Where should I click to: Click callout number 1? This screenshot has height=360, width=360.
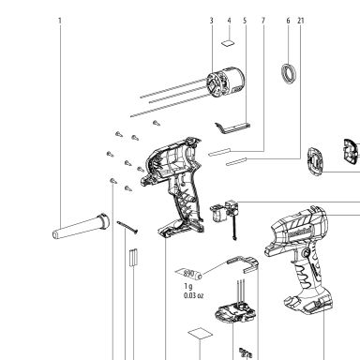click(x=60, y=21)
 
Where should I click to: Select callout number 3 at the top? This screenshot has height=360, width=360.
click(x=212, y=21)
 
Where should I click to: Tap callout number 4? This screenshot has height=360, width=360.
click(x=229, y=21)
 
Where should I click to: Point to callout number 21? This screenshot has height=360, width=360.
click(x=301, y=21)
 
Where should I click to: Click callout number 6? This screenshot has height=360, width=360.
click(x=288, y=21)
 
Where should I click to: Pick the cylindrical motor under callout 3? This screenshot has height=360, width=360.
click(x=226, y=82)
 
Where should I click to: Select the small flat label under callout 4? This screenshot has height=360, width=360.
click(x=228, y=43)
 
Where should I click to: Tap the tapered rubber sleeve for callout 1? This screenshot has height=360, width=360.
click(x=81, y=227)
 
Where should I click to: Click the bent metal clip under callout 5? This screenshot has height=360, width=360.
click(x=232, y=127)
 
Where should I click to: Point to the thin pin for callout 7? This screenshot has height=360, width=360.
click(x=219, y=152)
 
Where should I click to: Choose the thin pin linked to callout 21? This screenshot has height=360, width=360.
click(x=236, y=161)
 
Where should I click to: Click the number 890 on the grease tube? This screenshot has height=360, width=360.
click(x=188, y=273)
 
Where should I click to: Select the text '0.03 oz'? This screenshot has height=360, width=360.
click(x=193, y=295)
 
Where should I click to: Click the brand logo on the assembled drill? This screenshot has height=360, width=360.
click(x=300, y=232)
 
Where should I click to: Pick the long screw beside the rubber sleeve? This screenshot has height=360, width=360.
click(x=127, y=228)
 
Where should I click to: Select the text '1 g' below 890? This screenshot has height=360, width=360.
click(x=188, y=286)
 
